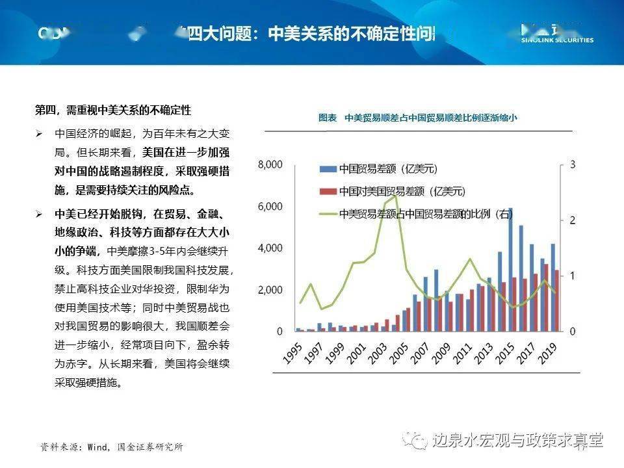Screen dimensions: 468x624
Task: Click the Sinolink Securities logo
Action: [557, 34]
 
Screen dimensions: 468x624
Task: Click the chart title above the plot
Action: [418, 118]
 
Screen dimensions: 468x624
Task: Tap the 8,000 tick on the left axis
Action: [270, 165]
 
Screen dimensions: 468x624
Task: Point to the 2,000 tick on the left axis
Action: [270, 290]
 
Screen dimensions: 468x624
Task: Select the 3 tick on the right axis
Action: [573, 165]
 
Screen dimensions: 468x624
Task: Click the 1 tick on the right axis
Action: [573, 276]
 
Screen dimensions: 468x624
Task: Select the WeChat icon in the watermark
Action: [412, 440]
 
